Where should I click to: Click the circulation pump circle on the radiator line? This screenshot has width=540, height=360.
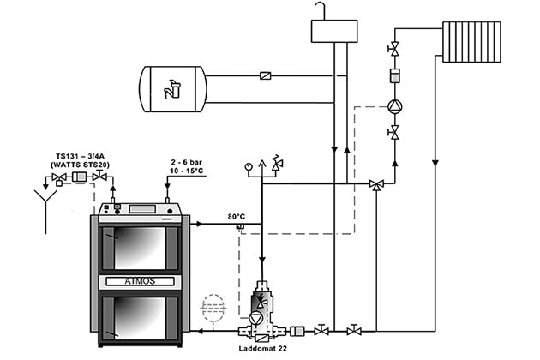tap(394, 107)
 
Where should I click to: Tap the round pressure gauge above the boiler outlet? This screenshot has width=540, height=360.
tap(249, 166)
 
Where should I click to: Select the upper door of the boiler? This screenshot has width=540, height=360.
tap(139, 247)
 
